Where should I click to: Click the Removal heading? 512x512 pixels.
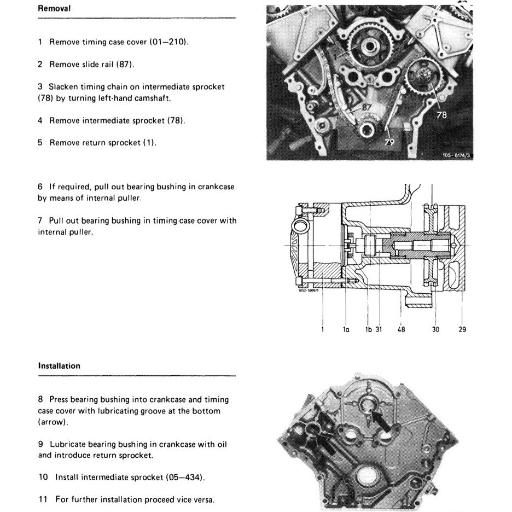(54, 9)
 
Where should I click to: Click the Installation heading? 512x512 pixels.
(59, 366)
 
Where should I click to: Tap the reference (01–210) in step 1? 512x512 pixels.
(169, 42)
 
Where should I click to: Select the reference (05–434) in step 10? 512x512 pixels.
(185, 477)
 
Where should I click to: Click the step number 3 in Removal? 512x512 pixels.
(40, 86)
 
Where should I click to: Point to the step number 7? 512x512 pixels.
(40, 221)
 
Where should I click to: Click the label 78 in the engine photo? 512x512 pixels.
(441, 115)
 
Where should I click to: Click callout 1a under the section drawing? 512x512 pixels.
(346, 330)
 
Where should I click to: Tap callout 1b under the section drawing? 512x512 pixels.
(368, 330)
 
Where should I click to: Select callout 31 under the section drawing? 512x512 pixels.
(378, 330)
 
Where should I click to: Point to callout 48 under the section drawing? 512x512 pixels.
(402, 330)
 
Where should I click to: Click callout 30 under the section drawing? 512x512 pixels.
(435, 330)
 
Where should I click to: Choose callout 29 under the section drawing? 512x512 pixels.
(463, 330)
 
